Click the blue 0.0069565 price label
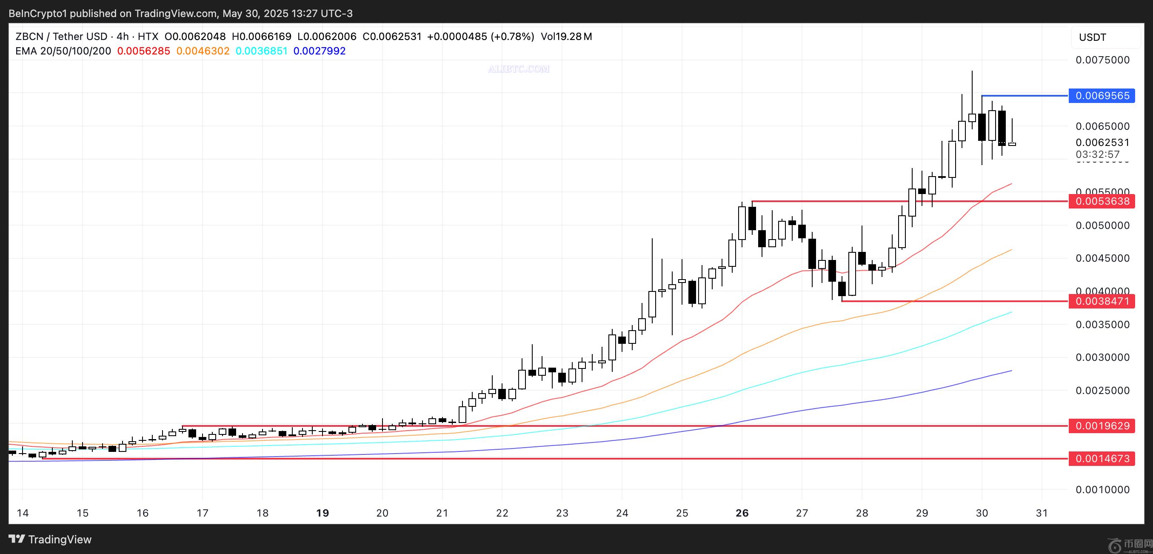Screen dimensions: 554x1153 [1102, 96]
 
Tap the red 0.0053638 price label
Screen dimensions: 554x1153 [1102, 201]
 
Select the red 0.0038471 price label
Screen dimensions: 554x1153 [1102, 301]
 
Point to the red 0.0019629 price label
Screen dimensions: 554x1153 [1102, 425]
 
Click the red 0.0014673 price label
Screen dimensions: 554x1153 [1102, 459]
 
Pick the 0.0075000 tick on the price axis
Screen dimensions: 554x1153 [1102, 60]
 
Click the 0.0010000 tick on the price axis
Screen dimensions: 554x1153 [1102, 490]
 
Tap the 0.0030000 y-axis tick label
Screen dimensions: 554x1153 [1102, 357]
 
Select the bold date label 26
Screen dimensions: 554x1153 [742, 513]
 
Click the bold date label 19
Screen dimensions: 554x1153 [322, 513]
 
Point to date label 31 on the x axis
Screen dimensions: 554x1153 [1042, 513]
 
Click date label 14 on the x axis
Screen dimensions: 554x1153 [23, 513]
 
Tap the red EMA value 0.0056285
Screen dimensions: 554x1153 [144, 51]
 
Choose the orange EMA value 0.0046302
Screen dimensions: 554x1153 [203, 51]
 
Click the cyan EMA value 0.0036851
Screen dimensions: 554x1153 [261, 51]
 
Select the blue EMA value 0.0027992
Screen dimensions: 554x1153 [320, 51]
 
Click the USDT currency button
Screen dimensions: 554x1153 [1093, 37]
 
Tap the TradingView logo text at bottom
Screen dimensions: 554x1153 [50, 539]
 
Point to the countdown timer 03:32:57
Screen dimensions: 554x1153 [1098, 154]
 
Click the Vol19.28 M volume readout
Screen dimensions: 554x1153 [566, 37]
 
